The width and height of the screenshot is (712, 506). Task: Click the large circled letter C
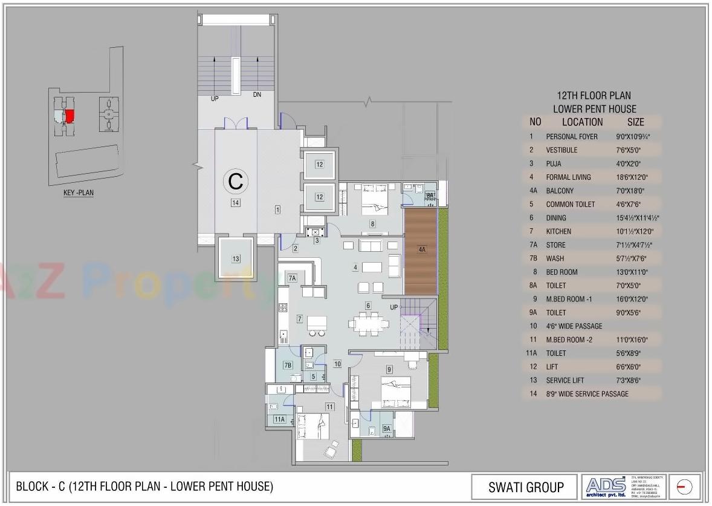[x=236, y=180]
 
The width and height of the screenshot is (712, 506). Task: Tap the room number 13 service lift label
[x=236, y=258]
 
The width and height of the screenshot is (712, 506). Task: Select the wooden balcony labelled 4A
[x=421, y=249]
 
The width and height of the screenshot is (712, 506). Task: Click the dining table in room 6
[x=367, y=323]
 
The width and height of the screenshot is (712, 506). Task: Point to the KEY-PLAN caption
[x=79, y=193]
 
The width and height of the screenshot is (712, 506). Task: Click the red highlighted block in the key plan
[x=70, y=115]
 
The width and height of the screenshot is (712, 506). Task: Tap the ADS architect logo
[x=606, y=486]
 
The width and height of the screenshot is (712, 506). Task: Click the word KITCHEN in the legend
[x=558, y=231]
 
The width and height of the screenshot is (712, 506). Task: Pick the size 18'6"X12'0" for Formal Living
[x=633, y=177]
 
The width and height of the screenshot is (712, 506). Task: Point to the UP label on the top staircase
[x=215, y=99]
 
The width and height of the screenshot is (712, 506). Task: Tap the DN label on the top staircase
[x=257, y=94]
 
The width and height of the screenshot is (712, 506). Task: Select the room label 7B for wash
[x=288, y=365]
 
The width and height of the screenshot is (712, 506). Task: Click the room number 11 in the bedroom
[x=329, y=407]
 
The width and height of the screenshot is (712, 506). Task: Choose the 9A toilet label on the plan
[x=387, y=429]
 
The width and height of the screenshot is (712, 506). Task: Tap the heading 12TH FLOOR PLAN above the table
[x=594, y=96]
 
